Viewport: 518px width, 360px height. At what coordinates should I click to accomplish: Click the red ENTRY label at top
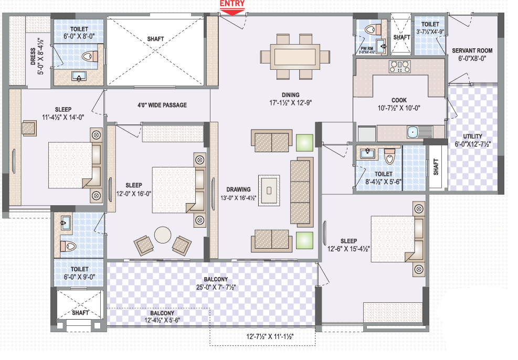pos(231,4)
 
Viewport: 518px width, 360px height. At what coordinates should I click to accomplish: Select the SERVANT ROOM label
pos(472,51)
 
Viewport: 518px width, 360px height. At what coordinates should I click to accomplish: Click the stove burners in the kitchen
pos(400,66)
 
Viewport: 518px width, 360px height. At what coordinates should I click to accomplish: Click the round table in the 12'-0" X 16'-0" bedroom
pos(163,234)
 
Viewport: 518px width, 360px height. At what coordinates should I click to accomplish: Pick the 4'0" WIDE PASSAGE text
pos(162,105)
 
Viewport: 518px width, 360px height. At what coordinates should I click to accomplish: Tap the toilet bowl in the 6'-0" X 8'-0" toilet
pos(91,56)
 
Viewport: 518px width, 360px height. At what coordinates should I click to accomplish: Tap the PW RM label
pos(366,48)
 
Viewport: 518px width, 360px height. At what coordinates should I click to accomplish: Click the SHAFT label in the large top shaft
pos(155,38)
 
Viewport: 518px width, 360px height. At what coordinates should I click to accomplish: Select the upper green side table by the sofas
pos(304,142)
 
